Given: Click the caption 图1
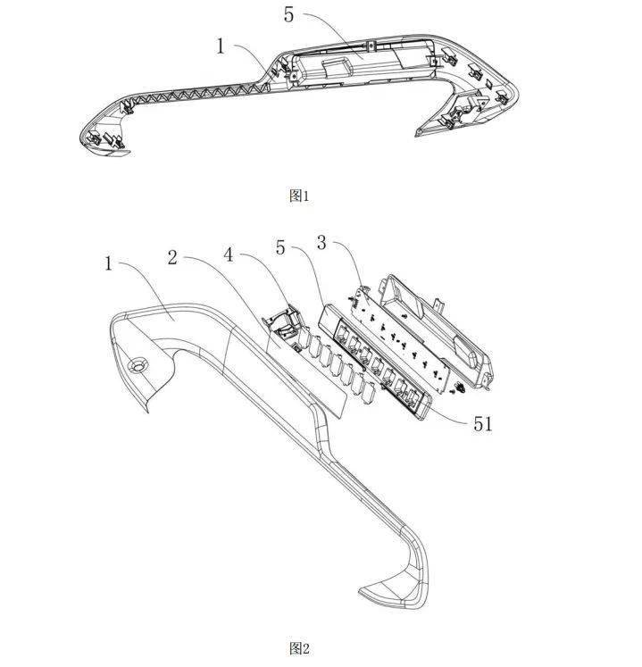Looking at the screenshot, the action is click(299, 196).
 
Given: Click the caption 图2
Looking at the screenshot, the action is click(299, 648).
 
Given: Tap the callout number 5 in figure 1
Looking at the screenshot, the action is click(289, 15).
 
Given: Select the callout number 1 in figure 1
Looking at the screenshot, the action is click(220, 46).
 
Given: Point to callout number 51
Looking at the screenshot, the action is click(482, 424).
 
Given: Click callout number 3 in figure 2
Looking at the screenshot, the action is click(321, 243).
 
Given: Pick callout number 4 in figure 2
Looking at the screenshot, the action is click(229, 254).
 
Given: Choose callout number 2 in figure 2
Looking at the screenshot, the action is click(172, 257).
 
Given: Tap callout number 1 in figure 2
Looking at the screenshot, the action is click(109, 263).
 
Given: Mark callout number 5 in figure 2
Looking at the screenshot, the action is click(280, 246).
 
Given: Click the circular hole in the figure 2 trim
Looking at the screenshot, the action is click(138, 365).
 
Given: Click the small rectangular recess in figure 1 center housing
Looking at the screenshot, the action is click(336, 67).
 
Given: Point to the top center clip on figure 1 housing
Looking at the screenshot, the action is click(371, 45).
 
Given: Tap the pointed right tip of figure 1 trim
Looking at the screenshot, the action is click(418, 134).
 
